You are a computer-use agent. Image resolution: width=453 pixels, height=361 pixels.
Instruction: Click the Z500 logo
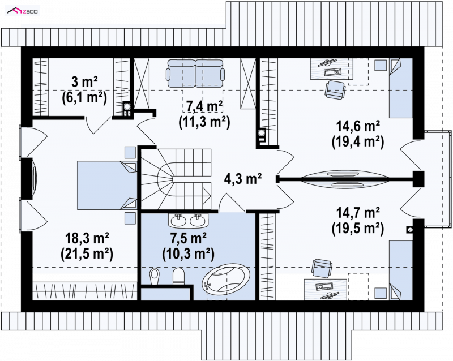(23, 11)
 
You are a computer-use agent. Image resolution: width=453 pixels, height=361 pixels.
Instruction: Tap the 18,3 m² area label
(87, 239)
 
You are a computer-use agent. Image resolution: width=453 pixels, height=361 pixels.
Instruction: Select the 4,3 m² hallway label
(243, 179)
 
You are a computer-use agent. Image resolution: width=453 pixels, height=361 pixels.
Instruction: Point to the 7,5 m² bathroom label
(188, 239)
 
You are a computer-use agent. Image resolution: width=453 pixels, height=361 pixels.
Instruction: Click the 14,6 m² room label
(358, 127)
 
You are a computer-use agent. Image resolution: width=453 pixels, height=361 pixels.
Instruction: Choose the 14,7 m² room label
(358, 213)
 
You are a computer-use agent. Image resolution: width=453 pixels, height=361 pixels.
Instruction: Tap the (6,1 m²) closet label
(84, 98)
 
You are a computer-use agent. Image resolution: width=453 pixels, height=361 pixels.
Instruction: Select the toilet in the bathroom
(178, 276)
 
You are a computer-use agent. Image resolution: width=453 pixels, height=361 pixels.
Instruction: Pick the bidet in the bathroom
(155, 277)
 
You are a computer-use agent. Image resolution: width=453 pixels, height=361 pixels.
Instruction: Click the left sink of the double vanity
(178, 221)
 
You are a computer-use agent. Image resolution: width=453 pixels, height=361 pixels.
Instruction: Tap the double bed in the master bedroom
(107, 185)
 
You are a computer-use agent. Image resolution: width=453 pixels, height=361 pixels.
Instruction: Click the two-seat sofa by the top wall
(195, 73)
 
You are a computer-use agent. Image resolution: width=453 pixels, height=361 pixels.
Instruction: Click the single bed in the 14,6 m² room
(400, 88)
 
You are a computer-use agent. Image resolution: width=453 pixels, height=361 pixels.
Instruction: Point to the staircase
(176, 179)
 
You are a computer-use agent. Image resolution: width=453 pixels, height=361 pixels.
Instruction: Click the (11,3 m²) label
(204, 122)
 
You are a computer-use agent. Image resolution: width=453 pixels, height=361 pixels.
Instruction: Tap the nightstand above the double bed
(130, 152)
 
